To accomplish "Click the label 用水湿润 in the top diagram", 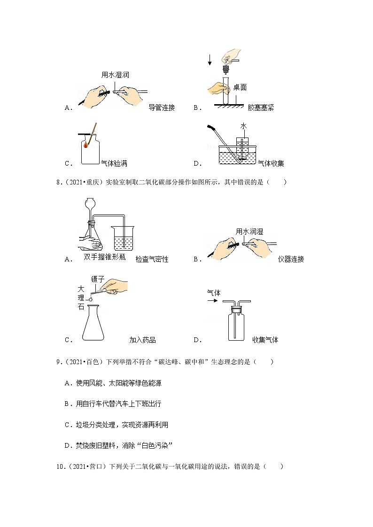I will coord(115,75).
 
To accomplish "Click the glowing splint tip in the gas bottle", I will coord(86,145).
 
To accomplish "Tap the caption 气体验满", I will coord(114,164).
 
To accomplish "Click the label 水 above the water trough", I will coord(243,126).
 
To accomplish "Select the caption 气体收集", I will coord(271,164).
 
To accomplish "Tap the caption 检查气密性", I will coord(152,259).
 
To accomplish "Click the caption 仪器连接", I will coord(291,259).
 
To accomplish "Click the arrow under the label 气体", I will coord(213,301).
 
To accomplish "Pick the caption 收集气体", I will coord(265,340).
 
